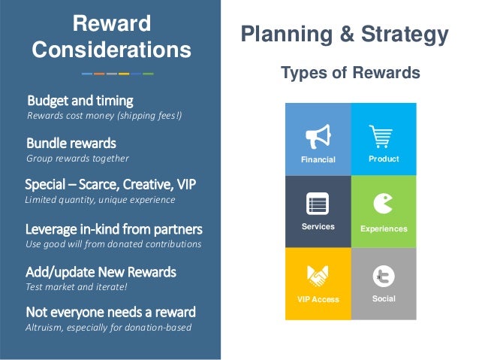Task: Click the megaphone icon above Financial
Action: pyautogui.click(x=318, y=137)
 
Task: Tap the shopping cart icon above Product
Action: pyautogui.click(x=381, y=137)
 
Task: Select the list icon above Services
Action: pyautogui.click(x=318, y=204)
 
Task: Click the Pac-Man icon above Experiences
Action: pyautogui.click(x=383, y=204)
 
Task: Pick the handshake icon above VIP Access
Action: pyautogui.click(x=318, y=276)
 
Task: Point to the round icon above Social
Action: pyautogui.click(x=384, y=277)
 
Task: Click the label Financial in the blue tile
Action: pyautogui.click(x=318, y=159)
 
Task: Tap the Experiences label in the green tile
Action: pyautogui.click(x=384, y=228)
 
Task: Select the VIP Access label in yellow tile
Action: pyautogui.click(x=318, y=299)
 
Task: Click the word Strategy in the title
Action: pyautogui.click(x=405, y=35)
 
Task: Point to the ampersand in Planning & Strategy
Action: pyautogui.click(x=347, y=34)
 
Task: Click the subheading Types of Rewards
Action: pyautogui.click(x=351, y=73)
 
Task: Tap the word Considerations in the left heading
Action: pyautogui.click(x=112, y=50)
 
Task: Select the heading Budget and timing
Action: pyautogui.click(x=80, y=101)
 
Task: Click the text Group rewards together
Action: pyautogui.click(x=77, y=159)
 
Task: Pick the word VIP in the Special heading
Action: pyautogui.click(x=186, y=184)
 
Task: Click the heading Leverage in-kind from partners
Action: pyautogui.click(x=114, y=229)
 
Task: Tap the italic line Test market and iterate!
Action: pyautogui.click(x=77, y=287)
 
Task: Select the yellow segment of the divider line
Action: pyautogui.click(x=124, y=74)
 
